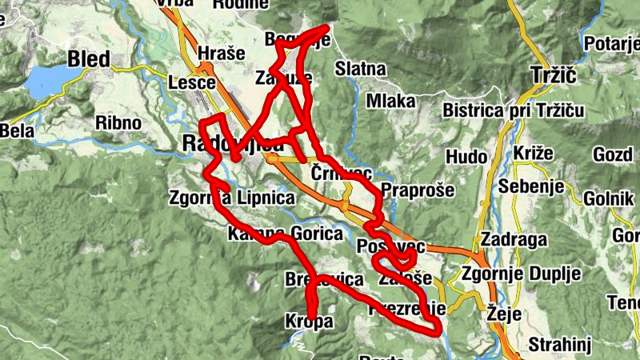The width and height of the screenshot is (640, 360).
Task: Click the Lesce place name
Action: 192,82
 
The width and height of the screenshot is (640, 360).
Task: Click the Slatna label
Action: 361,68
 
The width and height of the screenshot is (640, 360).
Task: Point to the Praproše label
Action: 418,191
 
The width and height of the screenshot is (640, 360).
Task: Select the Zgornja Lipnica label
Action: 224,197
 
